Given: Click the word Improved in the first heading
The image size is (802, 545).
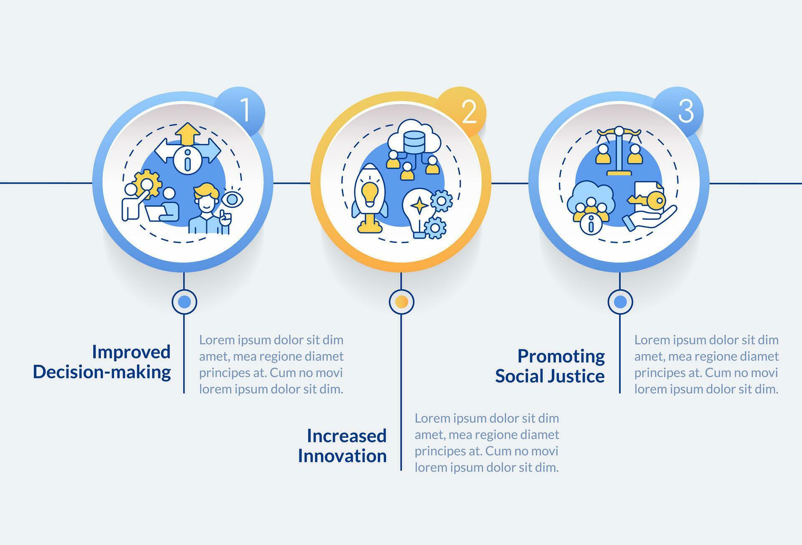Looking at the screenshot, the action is [131, 352].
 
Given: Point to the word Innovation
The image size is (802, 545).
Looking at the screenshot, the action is [342, 456].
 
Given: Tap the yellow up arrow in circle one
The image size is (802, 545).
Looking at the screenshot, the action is [187, 133].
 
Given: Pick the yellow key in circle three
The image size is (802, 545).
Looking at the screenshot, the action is [647, 201].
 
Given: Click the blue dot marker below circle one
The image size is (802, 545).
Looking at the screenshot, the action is [184, 302].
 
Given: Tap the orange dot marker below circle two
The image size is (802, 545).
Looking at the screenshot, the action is [401, 302].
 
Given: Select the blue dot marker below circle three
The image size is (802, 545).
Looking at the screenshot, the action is [620, 302].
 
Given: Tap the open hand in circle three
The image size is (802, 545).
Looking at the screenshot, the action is [650, 218].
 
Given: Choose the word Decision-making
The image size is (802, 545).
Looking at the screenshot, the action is [102, 372].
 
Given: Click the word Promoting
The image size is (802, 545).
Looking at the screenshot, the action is [561, 356].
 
